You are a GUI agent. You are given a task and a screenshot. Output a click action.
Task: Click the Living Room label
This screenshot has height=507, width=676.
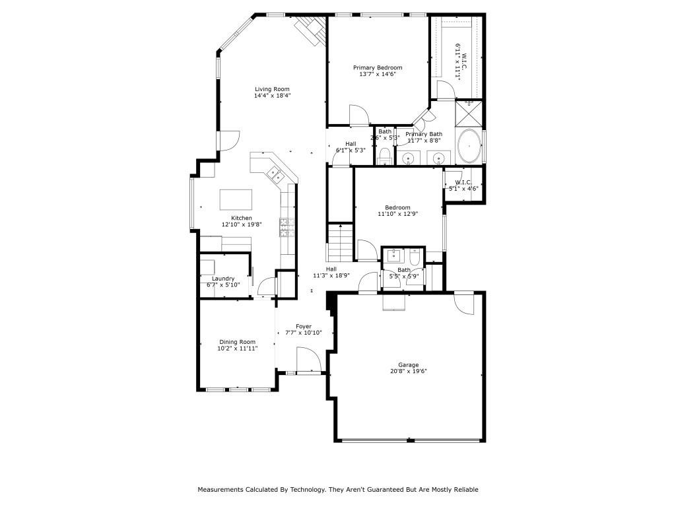[272, 89]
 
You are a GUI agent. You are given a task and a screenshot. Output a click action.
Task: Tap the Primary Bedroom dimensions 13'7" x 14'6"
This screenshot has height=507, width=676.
[377, 75]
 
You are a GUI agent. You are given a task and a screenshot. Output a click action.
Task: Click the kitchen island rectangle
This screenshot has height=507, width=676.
[236, 199]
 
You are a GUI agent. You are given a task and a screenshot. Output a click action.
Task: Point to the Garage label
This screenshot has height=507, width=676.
[408, 364]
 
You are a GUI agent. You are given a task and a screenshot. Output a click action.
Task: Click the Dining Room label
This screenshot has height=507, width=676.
[237, 342]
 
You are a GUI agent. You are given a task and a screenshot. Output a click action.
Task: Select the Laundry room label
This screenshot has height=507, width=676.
[222, 279]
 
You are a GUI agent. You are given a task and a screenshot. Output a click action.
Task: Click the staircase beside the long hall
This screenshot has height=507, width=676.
[341, 243]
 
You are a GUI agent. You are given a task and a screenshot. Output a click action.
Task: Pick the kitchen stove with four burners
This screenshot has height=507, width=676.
[287, 227]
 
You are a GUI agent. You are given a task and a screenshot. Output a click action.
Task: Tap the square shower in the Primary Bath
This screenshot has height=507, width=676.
[469, 114]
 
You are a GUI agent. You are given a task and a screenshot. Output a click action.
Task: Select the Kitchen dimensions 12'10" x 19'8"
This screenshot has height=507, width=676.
[241, 224]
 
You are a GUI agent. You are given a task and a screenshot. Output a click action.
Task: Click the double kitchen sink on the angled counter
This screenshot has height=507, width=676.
[275, 175]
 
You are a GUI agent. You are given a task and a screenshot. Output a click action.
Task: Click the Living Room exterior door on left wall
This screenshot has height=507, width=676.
[228, 140]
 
